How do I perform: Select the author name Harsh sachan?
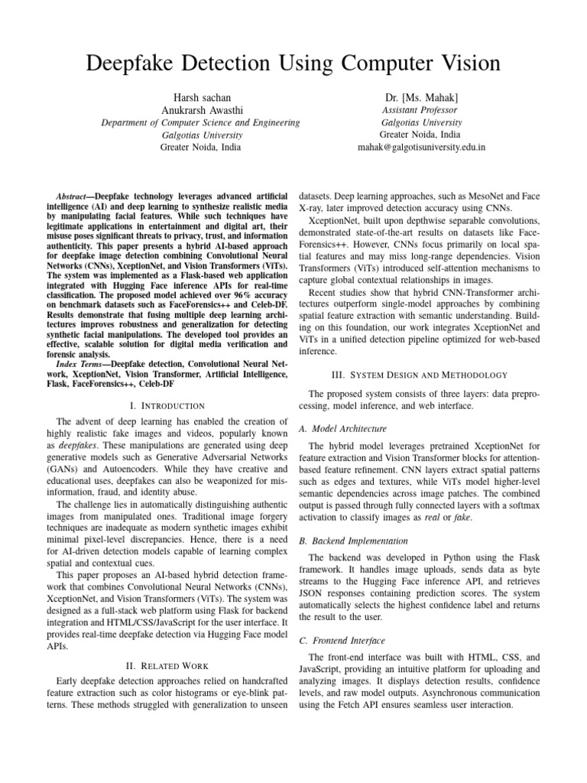pos(202,99)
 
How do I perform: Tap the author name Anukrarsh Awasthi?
pos(202,111)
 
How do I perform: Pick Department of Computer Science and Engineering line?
pos(202,122)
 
